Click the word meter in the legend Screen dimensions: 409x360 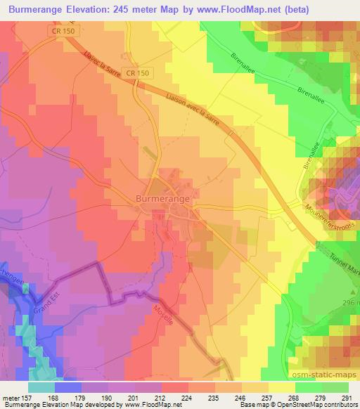tap(10, 398)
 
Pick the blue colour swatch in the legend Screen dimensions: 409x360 tap(68, 387)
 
